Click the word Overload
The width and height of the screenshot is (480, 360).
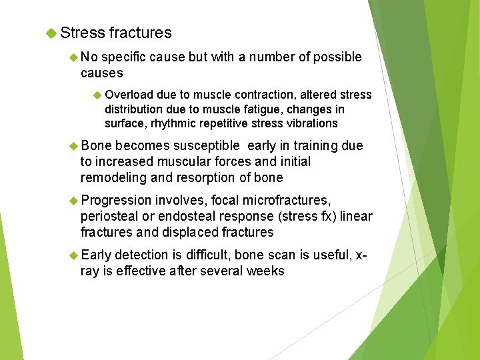pos(129,95)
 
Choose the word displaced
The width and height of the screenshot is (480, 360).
pos(189,233)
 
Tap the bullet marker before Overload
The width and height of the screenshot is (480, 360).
pos(96,95)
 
